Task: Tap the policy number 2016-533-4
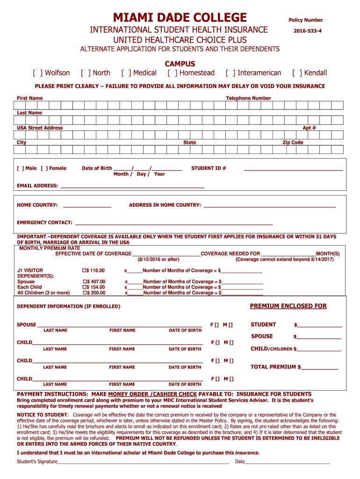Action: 307,31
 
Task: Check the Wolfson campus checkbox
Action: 37,73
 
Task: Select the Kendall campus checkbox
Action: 296,73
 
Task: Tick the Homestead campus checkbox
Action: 172,73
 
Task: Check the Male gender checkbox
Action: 21,168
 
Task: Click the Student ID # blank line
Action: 293,168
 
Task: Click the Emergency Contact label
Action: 44,223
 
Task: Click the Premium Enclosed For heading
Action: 288,306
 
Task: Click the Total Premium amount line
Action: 319,368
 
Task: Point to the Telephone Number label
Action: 248,98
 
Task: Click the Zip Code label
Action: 293,143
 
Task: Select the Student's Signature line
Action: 143,462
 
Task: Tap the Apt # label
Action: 309,128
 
